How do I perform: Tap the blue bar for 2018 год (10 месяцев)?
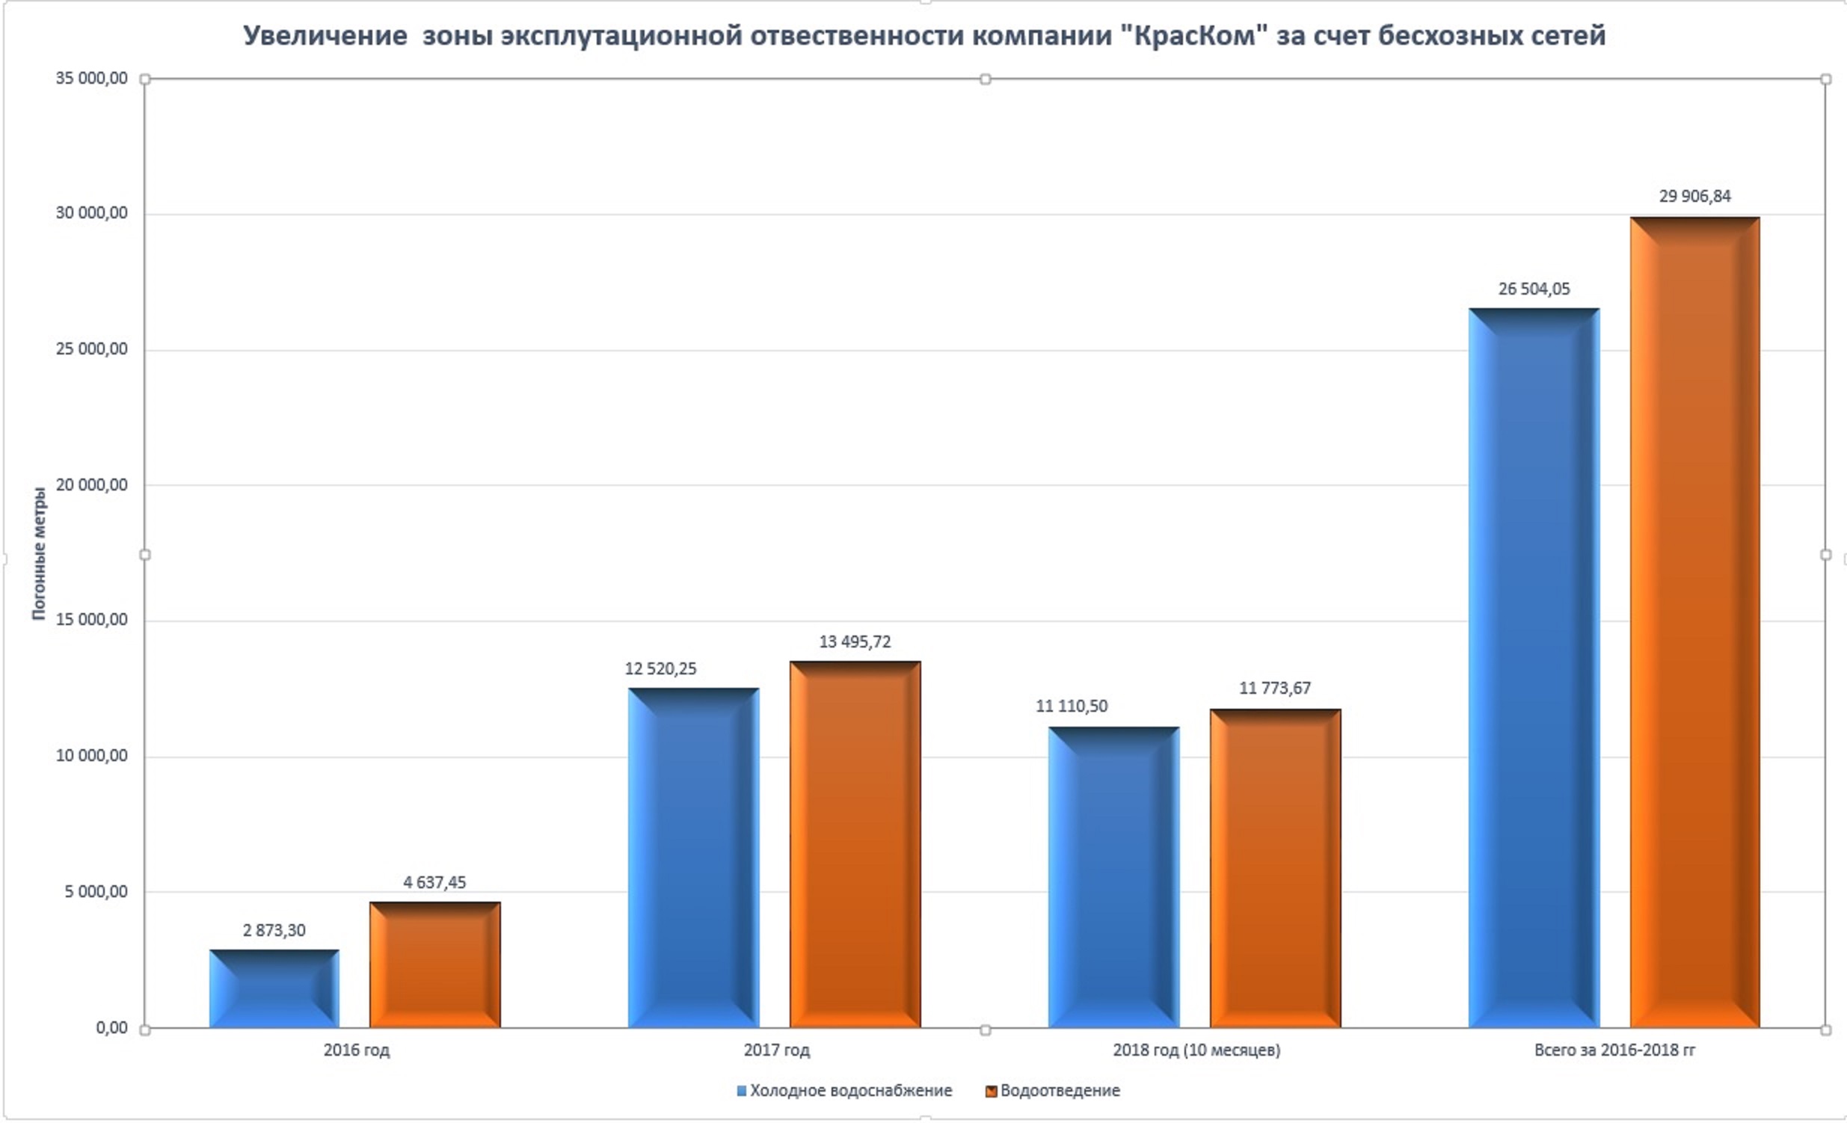pos(1113,877)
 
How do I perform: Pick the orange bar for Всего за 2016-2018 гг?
pos(1694,622)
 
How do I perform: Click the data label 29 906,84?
pos(1694,197)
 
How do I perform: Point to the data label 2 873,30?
pos(274,930)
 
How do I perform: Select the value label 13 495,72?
pos(855,642)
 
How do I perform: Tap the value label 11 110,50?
pos(1071,707)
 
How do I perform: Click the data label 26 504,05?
pos(1534,289)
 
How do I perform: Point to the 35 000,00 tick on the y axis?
pos(91,79)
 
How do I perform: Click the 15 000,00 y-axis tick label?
pos(91,620)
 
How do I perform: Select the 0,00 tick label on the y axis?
pos(111,1028)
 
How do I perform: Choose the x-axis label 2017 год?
pos(777,1050)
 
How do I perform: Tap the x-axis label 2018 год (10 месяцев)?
pos(1196,1050)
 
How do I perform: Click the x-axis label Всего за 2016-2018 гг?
pos(1614,1050)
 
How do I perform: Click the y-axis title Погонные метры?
pos(39,553)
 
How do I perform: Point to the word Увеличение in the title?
pos(325,36)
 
